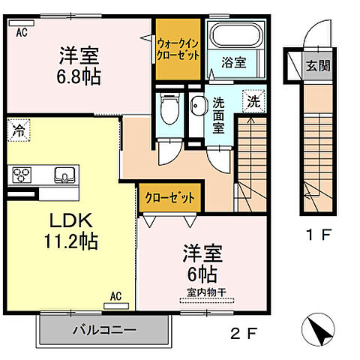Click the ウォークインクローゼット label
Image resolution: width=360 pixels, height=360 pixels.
178,49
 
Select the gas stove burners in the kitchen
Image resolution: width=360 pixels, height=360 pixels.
20,175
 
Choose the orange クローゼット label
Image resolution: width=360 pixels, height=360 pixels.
170,199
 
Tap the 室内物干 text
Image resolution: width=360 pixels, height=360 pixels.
207,292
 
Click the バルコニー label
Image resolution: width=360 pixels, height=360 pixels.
104,330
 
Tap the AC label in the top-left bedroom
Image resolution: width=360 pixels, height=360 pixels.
21,31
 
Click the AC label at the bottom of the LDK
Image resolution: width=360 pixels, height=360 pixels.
116,295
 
